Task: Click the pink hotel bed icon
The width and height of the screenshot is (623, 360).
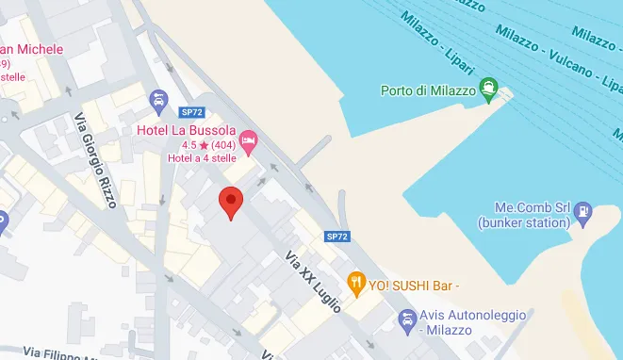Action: [x=249, y=143]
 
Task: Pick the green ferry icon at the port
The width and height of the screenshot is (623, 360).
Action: [x=489, y=91]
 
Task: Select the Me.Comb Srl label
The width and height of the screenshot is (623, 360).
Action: [x=523, y=208]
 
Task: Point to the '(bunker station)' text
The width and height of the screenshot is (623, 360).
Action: [x=523, y=223]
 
